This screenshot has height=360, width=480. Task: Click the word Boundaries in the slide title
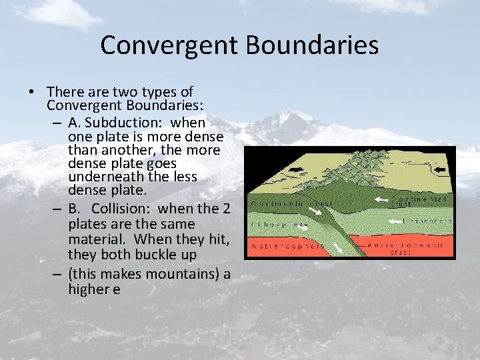point(312,45)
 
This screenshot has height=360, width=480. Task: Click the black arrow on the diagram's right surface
point(441,170)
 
